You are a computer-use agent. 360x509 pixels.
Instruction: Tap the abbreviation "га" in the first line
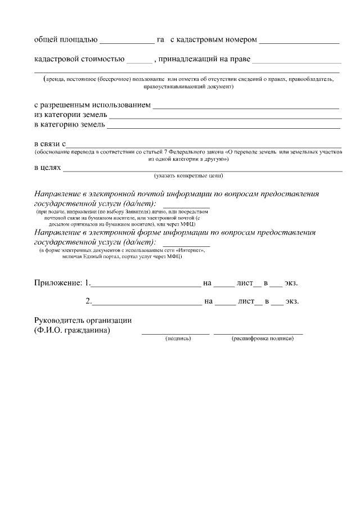pos(160,40)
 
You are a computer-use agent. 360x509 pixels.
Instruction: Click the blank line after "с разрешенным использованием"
pos(246,107)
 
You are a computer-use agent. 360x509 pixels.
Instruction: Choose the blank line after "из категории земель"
pos(225,117)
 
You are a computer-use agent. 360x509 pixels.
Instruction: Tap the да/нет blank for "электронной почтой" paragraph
pos(186,206)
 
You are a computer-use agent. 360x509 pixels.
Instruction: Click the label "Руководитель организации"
pos(83,320)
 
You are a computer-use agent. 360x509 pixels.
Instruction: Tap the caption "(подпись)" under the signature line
pos(178,339)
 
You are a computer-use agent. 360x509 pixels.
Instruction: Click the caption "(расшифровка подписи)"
pos(263,339)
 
